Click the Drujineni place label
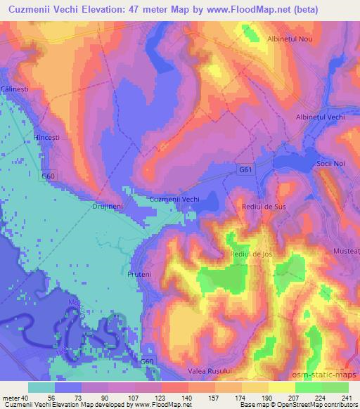point(108,207)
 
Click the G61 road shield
point(244,170)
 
